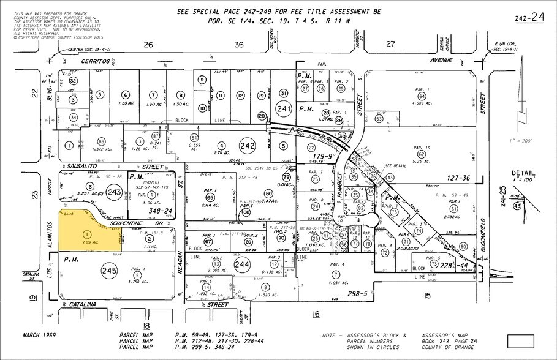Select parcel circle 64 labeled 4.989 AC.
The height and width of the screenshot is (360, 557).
tap(422, 96)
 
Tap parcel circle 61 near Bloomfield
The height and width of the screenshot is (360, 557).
tap(453, 208)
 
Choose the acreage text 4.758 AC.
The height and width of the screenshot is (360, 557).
tap(136, 283)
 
